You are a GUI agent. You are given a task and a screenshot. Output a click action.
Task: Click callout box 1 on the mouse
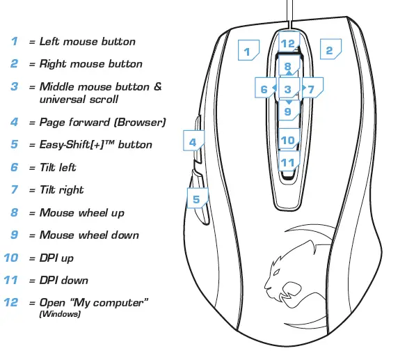(247, 50)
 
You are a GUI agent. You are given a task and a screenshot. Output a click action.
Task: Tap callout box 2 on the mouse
(330, 50)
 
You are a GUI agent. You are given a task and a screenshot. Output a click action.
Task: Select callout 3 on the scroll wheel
(287, 89)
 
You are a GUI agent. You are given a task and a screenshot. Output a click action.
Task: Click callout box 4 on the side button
(194, 141)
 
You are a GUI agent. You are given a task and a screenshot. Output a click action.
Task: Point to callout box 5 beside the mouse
(196, 198)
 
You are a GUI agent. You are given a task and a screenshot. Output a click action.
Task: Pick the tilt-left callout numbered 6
(264, 89)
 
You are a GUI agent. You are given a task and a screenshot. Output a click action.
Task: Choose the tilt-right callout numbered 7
(311, 89)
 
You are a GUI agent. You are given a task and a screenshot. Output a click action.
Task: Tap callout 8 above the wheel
(288, 67)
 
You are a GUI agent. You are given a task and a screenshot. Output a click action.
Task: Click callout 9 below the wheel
(288, 110)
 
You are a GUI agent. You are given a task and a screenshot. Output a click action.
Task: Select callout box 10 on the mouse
(288, 140)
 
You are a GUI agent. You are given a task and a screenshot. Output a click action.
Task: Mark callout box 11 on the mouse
(288, 163)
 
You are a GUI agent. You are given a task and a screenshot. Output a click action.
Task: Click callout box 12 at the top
(288, 42)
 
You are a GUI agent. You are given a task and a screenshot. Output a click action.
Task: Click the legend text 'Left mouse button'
(88, 41)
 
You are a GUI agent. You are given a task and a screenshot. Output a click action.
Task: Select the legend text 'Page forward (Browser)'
(102, 122)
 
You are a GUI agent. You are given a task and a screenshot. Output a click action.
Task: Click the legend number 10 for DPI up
(11, 258)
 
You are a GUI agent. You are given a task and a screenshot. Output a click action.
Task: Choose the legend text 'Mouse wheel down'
(89, 235)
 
